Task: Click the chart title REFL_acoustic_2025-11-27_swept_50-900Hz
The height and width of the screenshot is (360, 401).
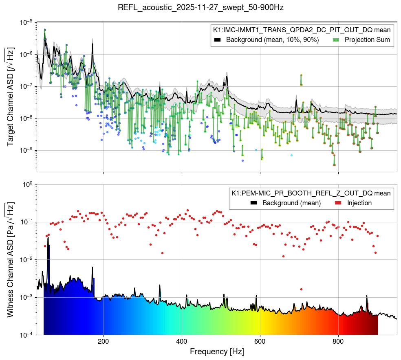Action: click(200, 7)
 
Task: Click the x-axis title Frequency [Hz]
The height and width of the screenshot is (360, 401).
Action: click(216, 351)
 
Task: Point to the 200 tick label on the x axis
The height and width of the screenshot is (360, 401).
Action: click(104, 340)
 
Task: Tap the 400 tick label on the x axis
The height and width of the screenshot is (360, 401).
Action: click(182, 340)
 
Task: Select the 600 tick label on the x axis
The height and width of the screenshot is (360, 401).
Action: click(260, 340)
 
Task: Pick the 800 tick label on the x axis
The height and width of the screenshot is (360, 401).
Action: click(338, 340)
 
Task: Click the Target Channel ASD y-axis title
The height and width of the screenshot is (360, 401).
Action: click(11, 97)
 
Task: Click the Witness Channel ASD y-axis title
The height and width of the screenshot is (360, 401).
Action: click(11, 259)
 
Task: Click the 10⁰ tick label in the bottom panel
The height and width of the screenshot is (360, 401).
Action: click(28, 184)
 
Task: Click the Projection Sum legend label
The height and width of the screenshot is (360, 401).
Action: click(367, 40)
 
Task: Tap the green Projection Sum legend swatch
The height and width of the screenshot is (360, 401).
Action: click(336, 40)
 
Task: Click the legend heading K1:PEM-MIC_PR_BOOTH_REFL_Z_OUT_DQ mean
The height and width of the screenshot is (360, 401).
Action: click(311, 193)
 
